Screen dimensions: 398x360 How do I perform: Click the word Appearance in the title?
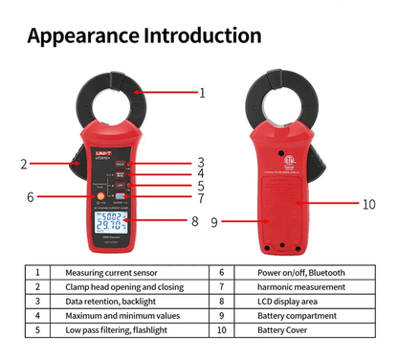coord(82,36)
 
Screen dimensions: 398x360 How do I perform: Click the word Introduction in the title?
coord(201,36)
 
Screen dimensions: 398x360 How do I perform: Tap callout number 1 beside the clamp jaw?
coord(202,94)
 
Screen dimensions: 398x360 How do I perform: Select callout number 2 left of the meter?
coord(24,164)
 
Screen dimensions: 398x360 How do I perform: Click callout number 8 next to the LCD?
coord(194,221)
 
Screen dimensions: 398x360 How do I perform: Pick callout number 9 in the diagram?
coord(214,222)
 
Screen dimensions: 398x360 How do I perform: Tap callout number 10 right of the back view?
coord(369,203)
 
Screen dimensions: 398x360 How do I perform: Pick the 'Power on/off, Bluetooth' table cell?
coord(301,272)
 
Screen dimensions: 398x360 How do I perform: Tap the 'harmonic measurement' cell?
coord(300,286)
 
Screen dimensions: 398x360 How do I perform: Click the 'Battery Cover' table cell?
coord(283,329)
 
